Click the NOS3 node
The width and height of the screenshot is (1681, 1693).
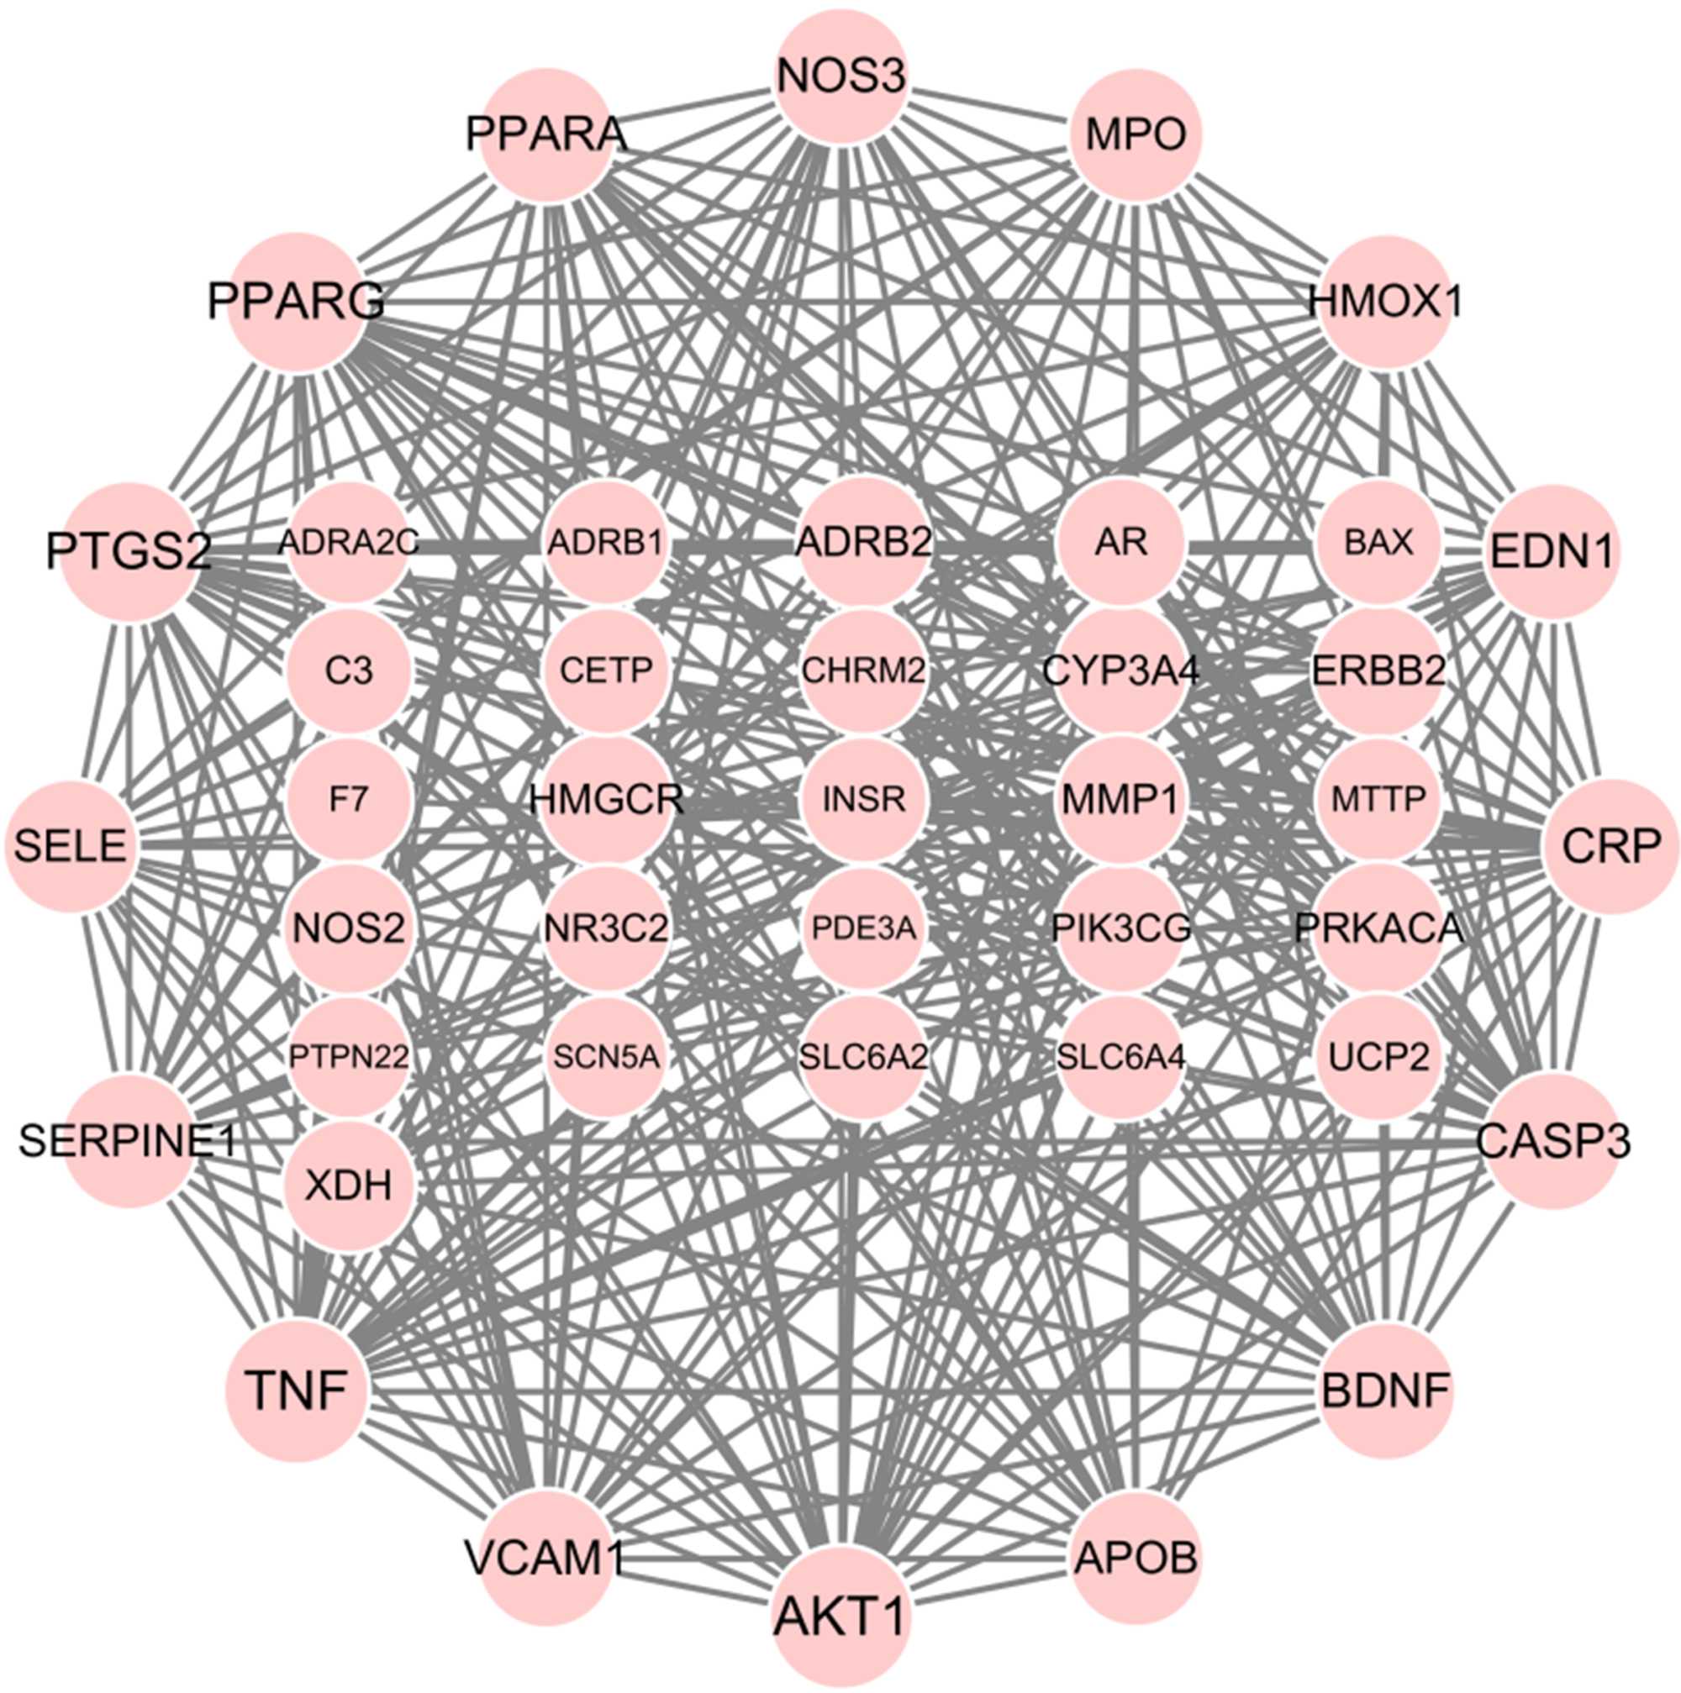[x=840, y=77]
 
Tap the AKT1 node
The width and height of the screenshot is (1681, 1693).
[x=840, y=1617]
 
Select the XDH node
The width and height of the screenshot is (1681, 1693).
[x=348, y=1186]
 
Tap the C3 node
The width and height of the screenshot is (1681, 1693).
[x=348, y=671]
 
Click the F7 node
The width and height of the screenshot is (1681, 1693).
[x=348, y=799]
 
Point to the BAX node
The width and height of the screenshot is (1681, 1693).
[x=1378, y=544]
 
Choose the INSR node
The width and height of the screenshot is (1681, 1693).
[x=863, y=799]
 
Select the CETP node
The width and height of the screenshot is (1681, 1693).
[x=606, y=671]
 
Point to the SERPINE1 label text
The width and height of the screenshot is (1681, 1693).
[x=128, y=1142]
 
